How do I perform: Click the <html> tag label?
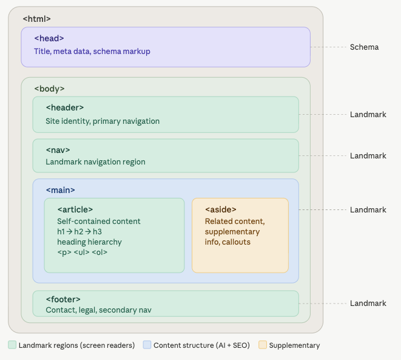click(x=37, y=19)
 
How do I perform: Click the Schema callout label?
click(x=364, y=47)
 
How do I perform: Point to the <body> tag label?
click(x=49, y=89)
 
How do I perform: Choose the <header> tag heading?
click(x=64, y=107)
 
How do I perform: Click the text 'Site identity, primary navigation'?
click(x=103, y=121)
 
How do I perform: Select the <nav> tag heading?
click(x=58, y=149)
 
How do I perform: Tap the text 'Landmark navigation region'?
click(x=95, y=162)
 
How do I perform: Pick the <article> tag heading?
click(x=75, y=209)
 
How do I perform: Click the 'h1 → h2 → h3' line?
click(x=79, y=231)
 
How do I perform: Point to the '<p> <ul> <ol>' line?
click(x=82, y=252)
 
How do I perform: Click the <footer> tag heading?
click(x=63, y=299)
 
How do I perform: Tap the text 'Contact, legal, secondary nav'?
click(x=98, y=310)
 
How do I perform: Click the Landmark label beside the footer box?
click(x=368, y=303)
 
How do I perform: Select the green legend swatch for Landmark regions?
click(x=12, y=345)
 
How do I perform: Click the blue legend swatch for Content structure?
click(x=147, y=345)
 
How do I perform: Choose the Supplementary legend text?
click(x=294, y=345)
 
